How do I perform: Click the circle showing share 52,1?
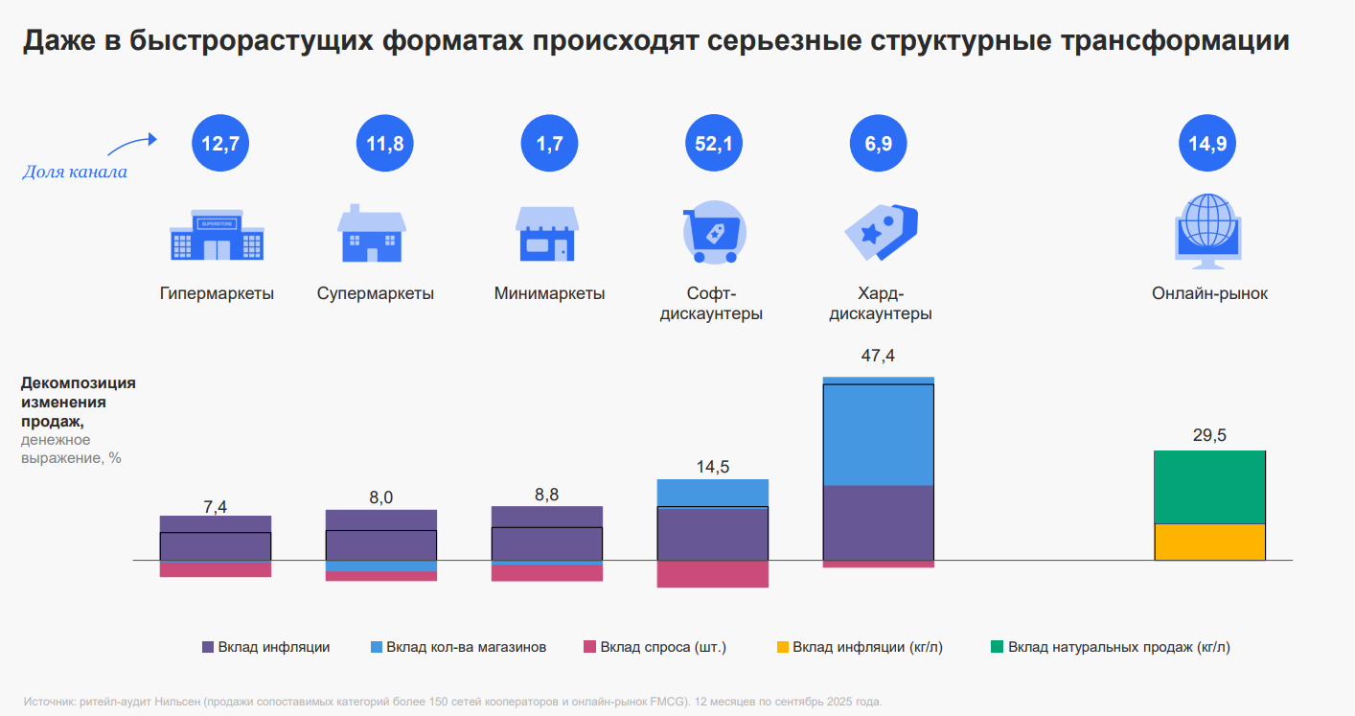pos(713,144)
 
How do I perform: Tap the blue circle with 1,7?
pos(549,144)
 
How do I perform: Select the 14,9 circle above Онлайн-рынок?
pos(1206,144)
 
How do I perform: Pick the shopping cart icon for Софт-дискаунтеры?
pos(713,234)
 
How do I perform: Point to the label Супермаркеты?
pos(376,294)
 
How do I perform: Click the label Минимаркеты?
pos(549,294)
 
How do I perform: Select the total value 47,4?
pos(878,357)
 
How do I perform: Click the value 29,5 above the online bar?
pos(1209,435)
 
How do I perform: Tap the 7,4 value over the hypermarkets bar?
pos(216,507)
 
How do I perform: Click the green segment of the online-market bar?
pos(1209,487)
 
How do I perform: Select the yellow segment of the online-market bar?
pos(1209,542)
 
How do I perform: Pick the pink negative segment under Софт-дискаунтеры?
pos(713,574)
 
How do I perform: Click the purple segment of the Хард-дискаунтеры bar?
pos(878,522)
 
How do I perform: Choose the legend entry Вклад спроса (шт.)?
pos(655,647)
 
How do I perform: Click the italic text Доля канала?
pos(75,173)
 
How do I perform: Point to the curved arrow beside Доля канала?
pos(131,145)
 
